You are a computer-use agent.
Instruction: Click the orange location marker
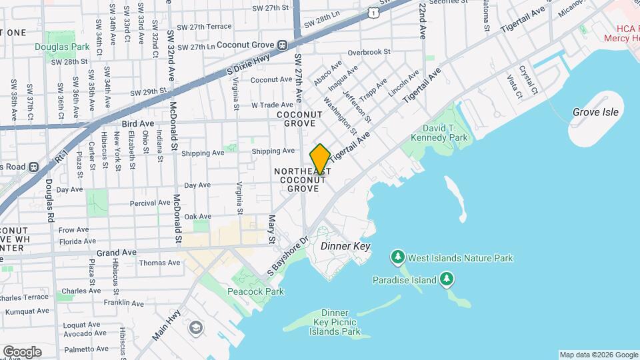point(320,159)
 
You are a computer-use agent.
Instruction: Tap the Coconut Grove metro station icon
point(283,45)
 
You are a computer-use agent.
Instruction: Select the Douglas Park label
point(62,47)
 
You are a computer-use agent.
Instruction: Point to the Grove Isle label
point(595,112)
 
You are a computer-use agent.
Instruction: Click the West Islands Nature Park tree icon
point(398,257)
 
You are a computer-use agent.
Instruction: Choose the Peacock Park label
point(255,291)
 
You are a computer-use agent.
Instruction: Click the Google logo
point(22,351)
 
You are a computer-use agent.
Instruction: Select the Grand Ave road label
point(117,253)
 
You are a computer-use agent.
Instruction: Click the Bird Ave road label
point(138,124)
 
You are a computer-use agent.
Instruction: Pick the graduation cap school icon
point(195,327)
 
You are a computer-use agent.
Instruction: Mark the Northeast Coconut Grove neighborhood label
point(299,180)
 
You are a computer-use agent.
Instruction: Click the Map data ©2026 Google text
point(598,355)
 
